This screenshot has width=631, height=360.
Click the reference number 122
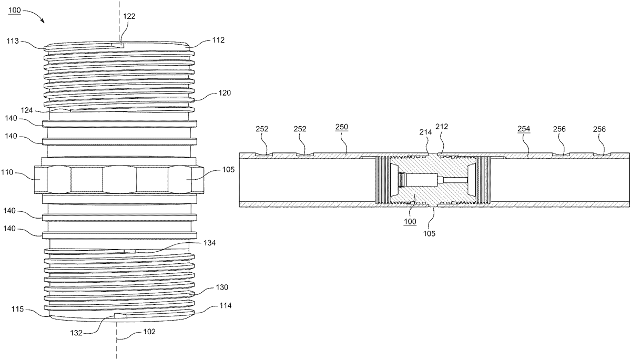coord(129,16)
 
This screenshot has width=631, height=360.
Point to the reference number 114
coord(225,305)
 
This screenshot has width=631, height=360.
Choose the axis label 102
coord(149,332)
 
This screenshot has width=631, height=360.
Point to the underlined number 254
coord(523,129)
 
